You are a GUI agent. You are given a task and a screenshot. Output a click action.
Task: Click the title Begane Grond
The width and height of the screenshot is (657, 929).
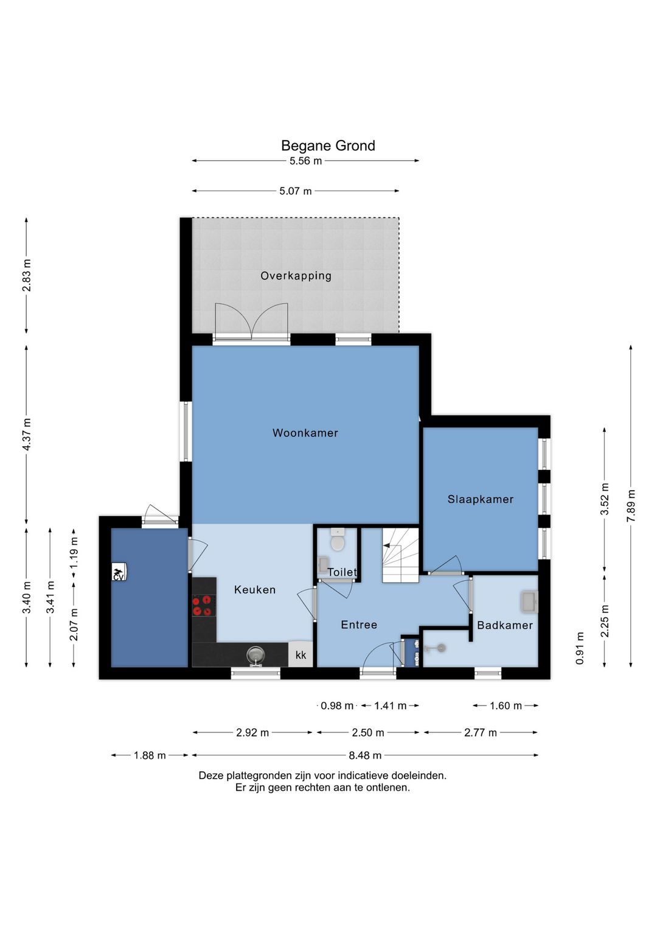(x=328, y=145)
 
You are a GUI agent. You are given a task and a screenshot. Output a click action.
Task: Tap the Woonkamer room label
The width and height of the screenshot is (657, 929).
(x=305, y=433)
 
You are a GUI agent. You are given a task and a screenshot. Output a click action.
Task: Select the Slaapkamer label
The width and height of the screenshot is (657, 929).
(x=481, y=499)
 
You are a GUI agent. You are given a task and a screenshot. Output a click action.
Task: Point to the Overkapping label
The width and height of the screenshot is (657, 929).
(x=296, y=276)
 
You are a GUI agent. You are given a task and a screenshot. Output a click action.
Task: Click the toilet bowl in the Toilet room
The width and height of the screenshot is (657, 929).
(x=338, y=541)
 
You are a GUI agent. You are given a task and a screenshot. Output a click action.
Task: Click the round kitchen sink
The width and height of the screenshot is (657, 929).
(x=255, y=656)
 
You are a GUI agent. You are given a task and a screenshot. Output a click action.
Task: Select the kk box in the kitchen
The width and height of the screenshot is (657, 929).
(x=301, y=654)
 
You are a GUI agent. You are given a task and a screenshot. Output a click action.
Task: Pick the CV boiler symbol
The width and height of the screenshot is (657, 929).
(x=119, y=572)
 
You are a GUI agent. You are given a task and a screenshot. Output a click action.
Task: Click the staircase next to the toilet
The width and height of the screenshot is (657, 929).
(x=400, y=555)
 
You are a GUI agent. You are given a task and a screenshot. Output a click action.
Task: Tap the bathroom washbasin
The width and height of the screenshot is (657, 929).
(x=529, y=602)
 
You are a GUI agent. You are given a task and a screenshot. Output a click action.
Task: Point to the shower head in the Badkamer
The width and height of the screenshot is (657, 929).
(x=440, y=648)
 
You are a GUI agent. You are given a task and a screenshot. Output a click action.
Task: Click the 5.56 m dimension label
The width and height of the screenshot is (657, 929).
(x=305, y=161)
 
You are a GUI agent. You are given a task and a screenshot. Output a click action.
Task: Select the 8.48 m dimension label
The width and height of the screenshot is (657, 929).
(x=365, y=755)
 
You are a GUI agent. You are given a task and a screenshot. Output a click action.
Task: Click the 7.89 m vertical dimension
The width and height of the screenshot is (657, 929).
(x=631, y=506)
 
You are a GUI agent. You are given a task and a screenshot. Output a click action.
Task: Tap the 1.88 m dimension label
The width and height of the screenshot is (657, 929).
(x=150, y=755)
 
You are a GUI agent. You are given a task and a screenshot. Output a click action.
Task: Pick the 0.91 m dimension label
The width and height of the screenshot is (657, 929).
(x=580, y=648)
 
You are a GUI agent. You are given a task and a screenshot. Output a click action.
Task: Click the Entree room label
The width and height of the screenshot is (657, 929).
(x=359, y=625)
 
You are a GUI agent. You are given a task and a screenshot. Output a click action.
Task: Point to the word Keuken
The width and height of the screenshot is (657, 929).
(x=254, y=590)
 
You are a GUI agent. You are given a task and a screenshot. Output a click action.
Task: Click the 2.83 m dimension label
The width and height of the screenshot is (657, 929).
(x=27, y=275)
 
